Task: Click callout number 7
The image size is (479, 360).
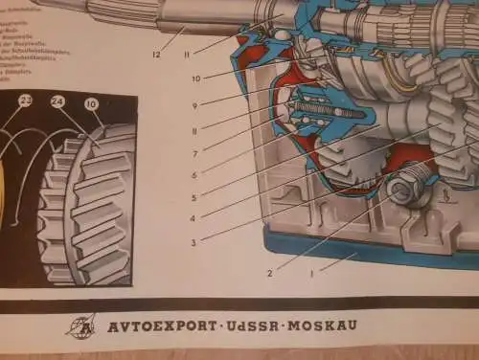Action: coord(194,153)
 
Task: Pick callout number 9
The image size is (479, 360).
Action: coord(194,105)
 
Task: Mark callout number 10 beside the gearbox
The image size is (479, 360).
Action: coord(194,78)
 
